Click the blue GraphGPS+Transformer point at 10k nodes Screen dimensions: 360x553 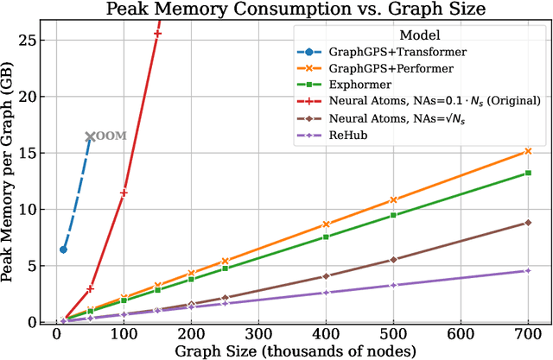[x=63, y=249]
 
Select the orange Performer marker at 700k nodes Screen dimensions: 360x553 [x=528, y=151]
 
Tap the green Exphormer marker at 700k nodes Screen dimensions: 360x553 [x=528, y=173]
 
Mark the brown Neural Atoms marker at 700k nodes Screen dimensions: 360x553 [x=528, y=223]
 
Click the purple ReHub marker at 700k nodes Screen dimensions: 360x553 [x=528, y=271]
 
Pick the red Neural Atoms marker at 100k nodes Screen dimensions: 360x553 [x=124, y=193]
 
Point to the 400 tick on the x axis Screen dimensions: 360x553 [x=326, y=335]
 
